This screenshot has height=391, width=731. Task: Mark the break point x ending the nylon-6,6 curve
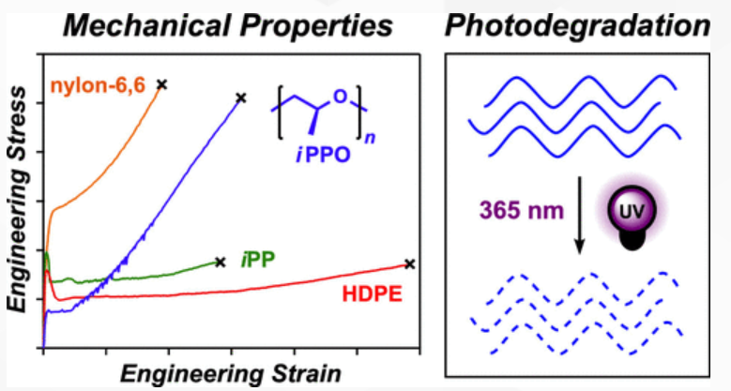click(x=161, y=84)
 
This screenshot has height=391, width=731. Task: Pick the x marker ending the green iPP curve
click(x=220, y=263)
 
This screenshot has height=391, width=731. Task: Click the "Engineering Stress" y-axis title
click(x=17, y=203)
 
